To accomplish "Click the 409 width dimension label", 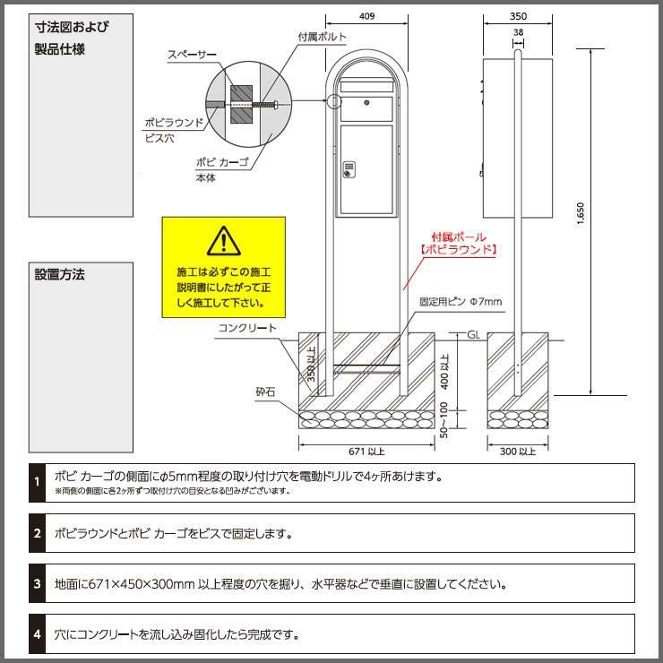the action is click(366, 16).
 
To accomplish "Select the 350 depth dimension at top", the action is click(518, 16).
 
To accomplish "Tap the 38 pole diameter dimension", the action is click(518, 32).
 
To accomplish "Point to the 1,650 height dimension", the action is click(581, 214).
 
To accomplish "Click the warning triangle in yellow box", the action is click(224, 241).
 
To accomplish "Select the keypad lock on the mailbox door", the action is click(349, 169).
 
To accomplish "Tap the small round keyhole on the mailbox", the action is click(366, 103).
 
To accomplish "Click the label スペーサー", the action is click(192, 55).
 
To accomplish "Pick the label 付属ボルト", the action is click(323, 38).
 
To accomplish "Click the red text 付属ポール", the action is click(459, 237).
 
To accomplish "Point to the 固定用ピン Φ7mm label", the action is click(461, 302).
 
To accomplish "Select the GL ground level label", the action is click(474, 335).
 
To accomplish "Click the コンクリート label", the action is click(247, 328).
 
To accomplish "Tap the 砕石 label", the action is click(265, 392).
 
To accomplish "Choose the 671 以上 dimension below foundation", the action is click(366, 452).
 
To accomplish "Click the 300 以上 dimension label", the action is click(518, 452).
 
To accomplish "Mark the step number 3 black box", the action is click(38, 583).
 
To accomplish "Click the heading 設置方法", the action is click(60, 274).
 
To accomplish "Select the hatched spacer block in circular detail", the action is click(241, 105).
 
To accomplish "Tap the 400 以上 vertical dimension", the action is click(444, 371).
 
